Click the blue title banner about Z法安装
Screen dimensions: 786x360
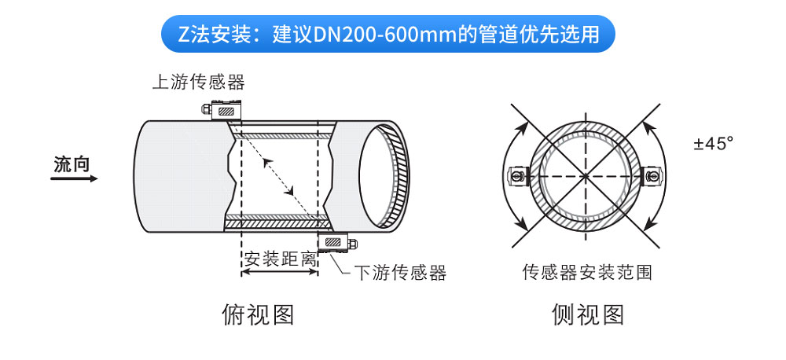[387, 34]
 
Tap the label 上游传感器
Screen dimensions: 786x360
[199, 82]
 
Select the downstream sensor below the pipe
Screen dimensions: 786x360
[337, 242]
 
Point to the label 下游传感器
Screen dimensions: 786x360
[400, 273]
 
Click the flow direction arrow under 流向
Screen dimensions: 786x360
[74, 178]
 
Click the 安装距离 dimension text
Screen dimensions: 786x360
[280, 259]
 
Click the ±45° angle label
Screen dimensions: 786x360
[714, 144]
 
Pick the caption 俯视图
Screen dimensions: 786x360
[258, 314]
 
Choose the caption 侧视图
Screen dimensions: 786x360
[588, 314]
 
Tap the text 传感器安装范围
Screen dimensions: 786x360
[587, 272]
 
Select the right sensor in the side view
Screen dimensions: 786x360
[653, 176]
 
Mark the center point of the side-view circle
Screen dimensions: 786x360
[586, 176]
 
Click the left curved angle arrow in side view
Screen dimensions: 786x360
[505, 175]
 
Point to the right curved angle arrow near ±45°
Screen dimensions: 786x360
[666, 175]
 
